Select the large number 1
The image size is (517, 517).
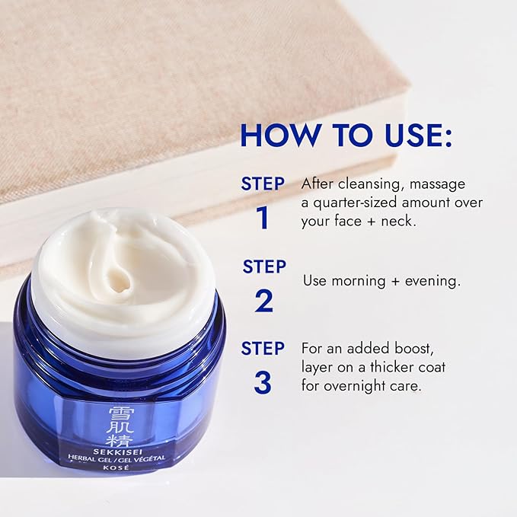pyautogui.click(x=263, y=218)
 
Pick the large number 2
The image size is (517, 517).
pyautogui.click(x=263, y=301)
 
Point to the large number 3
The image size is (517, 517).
pyautogui.click(x=263, y=383)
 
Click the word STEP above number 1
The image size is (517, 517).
pyautogui.click(x=263, y=184)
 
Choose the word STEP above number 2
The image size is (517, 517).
pyautogui.click(x=263, y=266)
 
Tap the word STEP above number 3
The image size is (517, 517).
pyautogui.click(x=263, y=349)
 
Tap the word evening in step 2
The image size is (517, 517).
pyautogui.click(x=433, y=281)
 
